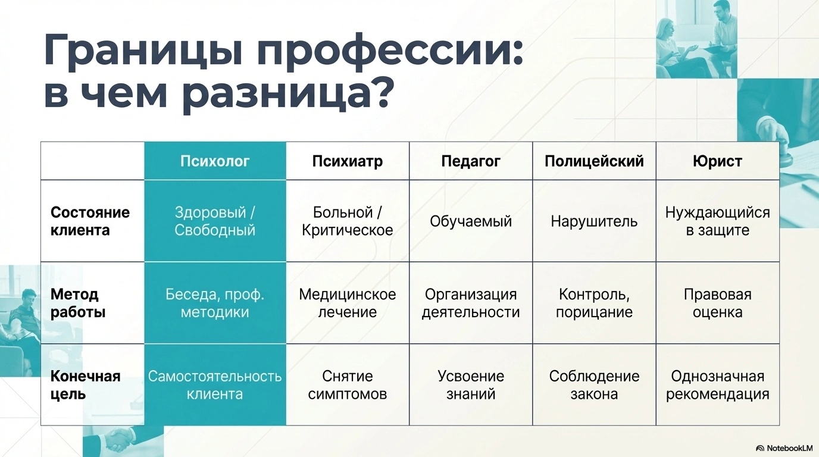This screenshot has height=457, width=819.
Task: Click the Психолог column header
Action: [215, 161]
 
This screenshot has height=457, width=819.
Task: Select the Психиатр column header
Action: [348, 161]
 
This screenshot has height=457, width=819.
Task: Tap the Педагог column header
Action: [471, 161]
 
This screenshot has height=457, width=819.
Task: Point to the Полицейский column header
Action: [594, 161]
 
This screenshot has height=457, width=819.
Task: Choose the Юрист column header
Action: [717, 161]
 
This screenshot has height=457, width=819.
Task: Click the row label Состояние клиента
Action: [90, 221]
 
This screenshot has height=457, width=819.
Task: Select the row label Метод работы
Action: [78, 303]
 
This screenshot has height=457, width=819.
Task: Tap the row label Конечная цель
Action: [85, 385]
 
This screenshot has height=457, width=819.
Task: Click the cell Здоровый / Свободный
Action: [215, 221]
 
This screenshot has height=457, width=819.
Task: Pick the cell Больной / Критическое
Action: [348, 221]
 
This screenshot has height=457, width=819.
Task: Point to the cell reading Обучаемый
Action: [471, 221]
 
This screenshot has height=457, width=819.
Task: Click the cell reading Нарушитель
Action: [594, 221]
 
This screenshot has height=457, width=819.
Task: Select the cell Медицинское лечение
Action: [348, 303]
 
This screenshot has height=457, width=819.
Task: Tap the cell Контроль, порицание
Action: [594, 303]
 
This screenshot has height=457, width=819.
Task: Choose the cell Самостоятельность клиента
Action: [215, 385]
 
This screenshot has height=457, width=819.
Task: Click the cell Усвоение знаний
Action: [471, 385]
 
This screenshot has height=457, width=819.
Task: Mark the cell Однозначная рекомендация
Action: [717, 385]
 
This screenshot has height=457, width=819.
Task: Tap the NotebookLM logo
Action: [784, 448]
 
